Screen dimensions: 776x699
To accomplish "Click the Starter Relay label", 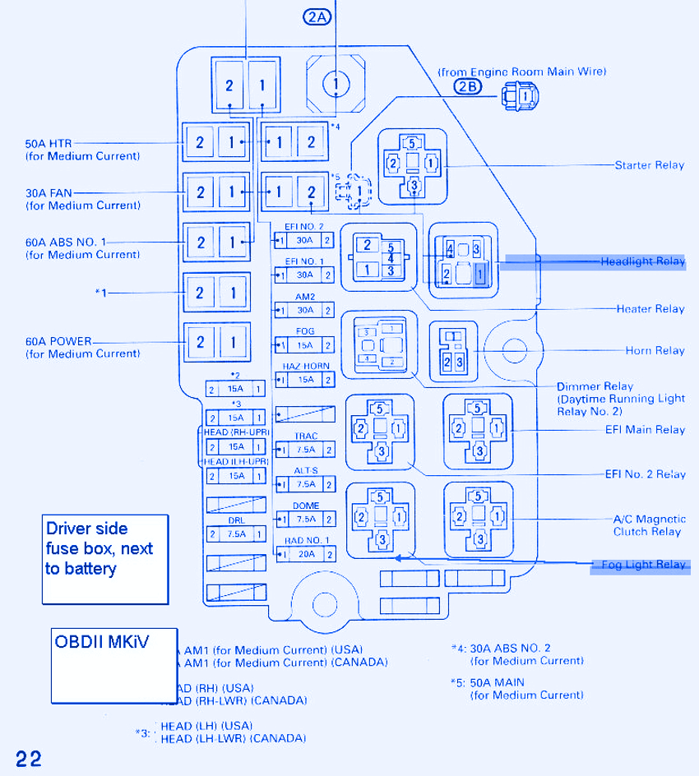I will [x=649, y=165].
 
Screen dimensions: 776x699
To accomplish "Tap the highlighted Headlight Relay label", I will [x=642, y=261].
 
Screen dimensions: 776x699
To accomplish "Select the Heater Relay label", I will [x=650, y=309].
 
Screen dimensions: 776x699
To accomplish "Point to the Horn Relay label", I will [x=655, y=351].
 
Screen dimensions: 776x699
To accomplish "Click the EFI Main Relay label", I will [x=644, y=430].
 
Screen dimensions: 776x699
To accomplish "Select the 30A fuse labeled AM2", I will [x=305, y=310].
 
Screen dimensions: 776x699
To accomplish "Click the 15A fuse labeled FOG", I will [x=305, y=345].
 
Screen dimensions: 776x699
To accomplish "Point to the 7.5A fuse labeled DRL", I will [x=236, y=533].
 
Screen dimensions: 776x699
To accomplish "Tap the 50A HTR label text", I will [x=49, y=144].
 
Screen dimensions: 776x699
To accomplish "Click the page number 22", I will [x=27, y=758].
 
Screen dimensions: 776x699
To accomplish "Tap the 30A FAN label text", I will [x=49, y=193].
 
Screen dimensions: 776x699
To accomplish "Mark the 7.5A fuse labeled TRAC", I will [x=305, y=450].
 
